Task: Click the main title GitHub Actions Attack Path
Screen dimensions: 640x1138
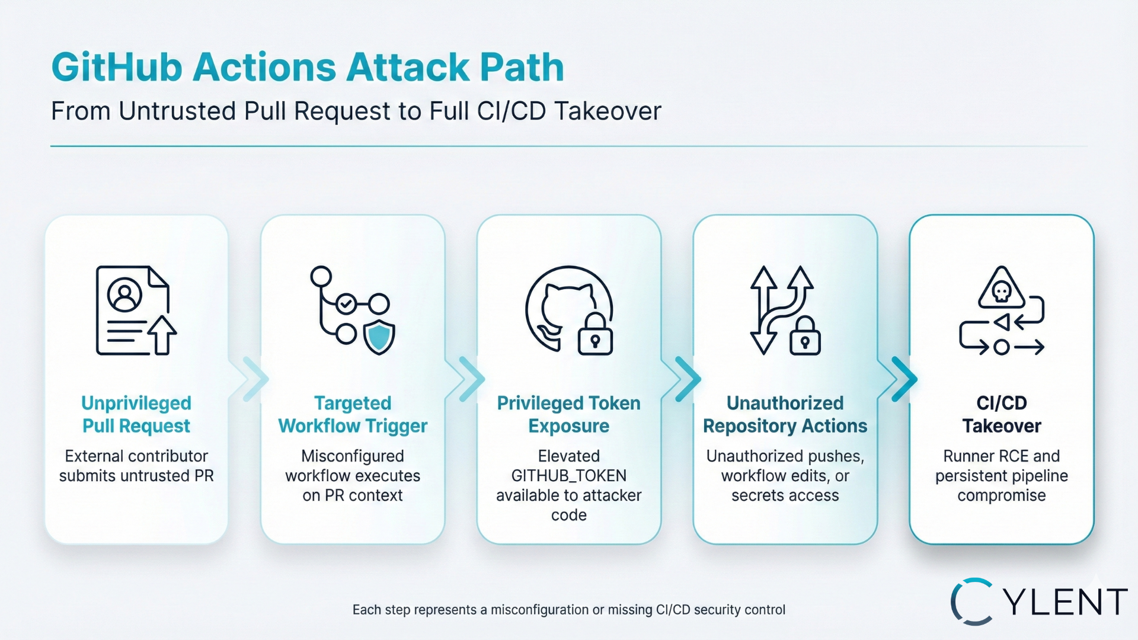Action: click(308, 67)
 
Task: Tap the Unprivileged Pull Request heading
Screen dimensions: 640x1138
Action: click(136, 414)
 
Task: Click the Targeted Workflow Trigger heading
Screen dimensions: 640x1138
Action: click(353, 414)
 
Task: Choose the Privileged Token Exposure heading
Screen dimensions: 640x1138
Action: click(569, 414)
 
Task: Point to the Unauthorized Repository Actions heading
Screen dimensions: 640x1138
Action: click(785, 414)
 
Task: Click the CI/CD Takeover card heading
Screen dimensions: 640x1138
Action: click(1001, 414)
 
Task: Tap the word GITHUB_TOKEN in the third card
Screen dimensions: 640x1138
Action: click(569, 476)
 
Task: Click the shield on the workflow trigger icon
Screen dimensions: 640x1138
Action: click(379, 337)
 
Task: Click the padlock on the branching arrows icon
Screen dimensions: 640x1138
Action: click(805, 337)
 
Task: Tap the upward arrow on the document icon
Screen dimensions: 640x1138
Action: click(162, 334)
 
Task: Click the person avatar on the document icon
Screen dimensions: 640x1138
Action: click(124, 295)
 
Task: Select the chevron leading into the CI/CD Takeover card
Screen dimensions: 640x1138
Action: click(902, 379)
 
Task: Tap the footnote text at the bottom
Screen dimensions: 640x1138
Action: click(569, 610)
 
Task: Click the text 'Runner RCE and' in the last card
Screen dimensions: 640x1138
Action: click(1001, 456)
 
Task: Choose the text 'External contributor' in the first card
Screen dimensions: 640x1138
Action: click(136, 456)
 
